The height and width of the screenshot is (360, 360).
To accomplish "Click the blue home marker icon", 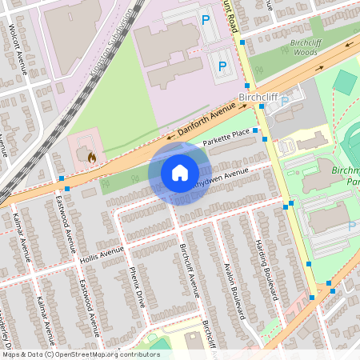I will pos(180,173).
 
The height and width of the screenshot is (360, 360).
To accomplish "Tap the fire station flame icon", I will pos(91,158).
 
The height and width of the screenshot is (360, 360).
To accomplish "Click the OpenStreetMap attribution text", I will pos(80,354).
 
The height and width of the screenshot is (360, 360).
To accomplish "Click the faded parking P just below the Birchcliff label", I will pos(284,101).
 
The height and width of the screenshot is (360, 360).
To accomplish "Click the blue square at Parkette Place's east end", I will pos(255,130).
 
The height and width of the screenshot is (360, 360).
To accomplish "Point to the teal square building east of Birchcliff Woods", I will pos(344,82).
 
